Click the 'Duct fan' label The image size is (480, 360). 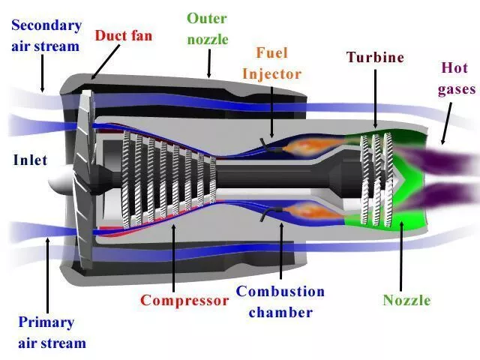click(124, 34)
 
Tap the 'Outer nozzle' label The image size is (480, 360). click(206, 28)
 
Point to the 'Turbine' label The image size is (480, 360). click(374, 57)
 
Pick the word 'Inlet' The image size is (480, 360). click(30, 160)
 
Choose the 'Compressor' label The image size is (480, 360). click(184, 301)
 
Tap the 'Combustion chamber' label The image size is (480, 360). click(280, 301)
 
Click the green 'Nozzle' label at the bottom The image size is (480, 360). click(406, 301)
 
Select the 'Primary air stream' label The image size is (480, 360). click(52, 332)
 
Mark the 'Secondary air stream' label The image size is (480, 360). click(46, 35)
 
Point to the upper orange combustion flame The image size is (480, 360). click(307, 141)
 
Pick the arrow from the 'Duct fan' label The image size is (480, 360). click(104, 60)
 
